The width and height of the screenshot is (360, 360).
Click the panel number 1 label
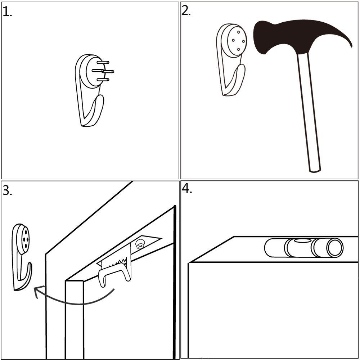7,12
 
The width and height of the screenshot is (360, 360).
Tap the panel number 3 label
7,191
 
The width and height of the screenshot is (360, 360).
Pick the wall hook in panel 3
22,256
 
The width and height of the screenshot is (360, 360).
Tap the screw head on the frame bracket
140,245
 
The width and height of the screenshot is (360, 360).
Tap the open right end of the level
336,248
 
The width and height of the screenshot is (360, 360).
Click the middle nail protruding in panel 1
108,72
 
